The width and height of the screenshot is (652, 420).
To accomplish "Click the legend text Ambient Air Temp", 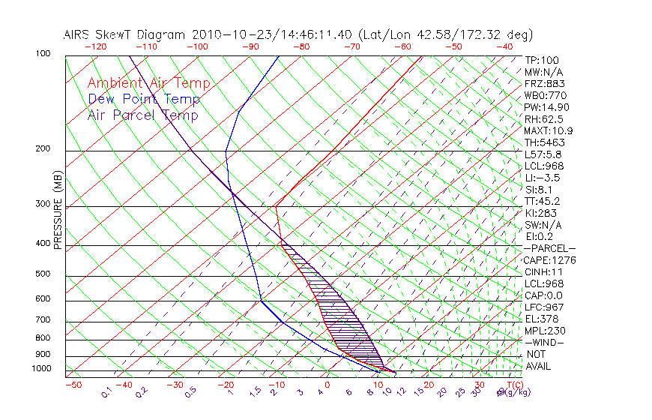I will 148,83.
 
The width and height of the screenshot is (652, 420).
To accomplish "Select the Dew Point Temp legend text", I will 144,99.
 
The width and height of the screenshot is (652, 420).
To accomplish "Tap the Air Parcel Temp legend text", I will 142,115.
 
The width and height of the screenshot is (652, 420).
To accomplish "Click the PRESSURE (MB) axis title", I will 58,210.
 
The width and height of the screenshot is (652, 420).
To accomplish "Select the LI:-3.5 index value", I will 542,178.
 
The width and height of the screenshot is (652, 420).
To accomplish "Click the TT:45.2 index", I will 543,201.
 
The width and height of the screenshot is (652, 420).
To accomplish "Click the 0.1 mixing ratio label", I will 107,392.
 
